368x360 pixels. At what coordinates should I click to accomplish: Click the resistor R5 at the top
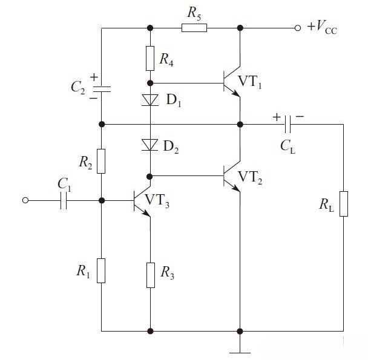[x=195, y=27]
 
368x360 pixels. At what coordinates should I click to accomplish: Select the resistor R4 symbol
[x=150, y=57]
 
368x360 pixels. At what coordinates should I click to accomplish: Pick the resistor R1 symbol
[x=101, y=270]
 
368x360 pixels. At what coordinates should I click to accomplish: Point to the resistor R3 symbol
[x=150, y=276]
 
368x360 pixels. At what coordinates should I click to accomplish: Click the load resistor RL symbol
[x=343, y=203]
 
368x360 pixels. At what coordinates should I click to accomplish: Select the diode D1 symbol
[x=150, y=100]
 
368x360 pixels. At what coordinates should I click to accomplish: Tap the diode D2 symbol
[x=150, y=145]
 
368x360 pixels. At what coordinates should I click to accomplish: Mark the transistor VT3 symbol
[x=142, y=201]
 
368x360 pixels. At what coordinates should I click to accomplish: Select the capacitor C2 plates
[x=101, y=88]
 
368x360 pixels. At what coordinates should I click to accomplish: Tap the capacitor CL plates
[x=288, y=124]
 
